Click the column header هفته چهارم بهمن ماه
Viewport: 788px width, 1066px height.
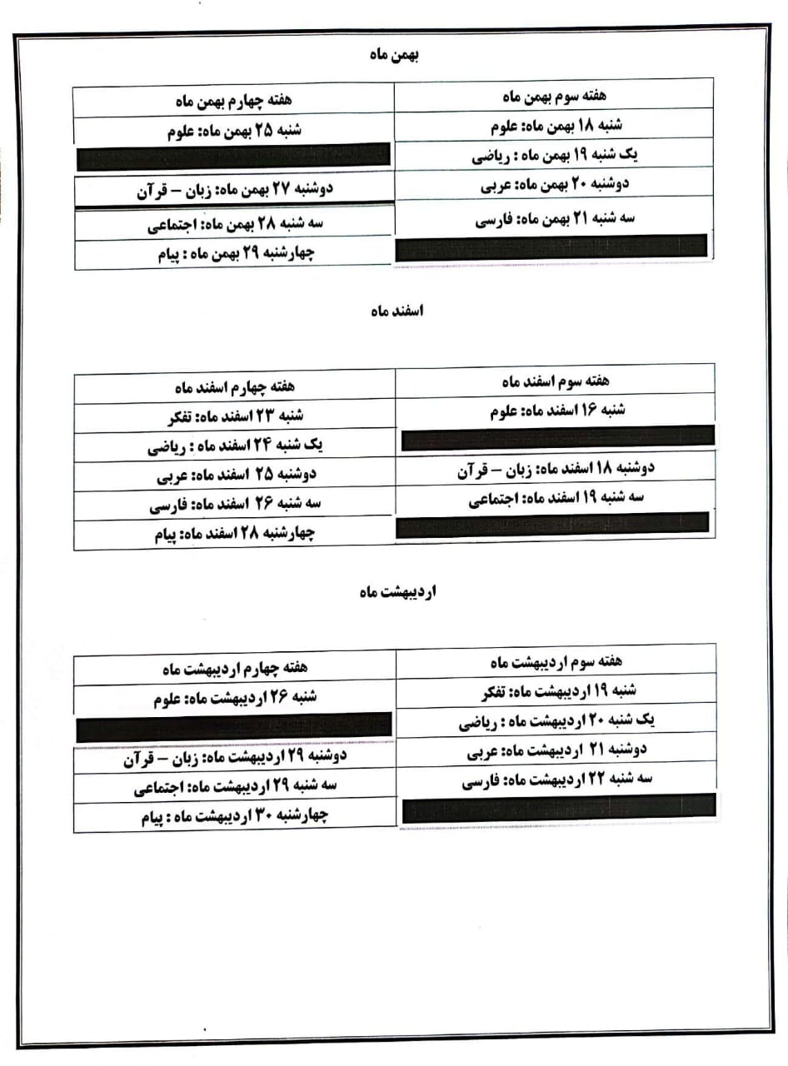point(234,101)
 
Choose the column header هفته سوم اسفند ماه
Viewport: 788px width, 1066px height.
point(556,381)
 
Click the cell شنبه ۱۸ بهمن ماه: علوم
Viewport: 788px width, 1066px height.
point(553,127)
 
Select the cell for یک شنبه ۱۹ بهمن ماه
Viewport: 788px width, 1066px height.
point(553,156)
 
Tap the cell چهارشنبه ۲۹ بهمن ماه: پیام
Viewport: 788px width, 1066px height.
point(234,254)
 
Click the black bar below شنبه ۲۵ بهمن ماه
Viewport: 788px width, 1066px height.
point(232,155)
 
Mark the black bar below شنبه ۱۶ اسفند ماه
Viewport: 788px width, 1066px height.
point(556,436)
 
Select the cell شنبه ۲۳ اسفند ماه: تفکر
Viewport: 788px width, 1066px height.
point(235,417)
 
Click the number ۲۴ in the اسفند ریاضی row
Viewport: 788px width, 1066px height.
point(265,446)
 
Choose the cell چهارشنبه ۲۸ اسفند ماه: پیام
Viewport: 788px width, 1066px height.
point(235,534)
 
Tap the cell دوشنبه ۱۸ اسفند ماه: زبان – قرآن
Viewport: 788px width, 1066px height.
point(556,468)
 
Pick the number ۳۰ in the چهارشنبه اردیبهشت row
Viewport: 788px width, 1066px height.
point(258,816)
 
